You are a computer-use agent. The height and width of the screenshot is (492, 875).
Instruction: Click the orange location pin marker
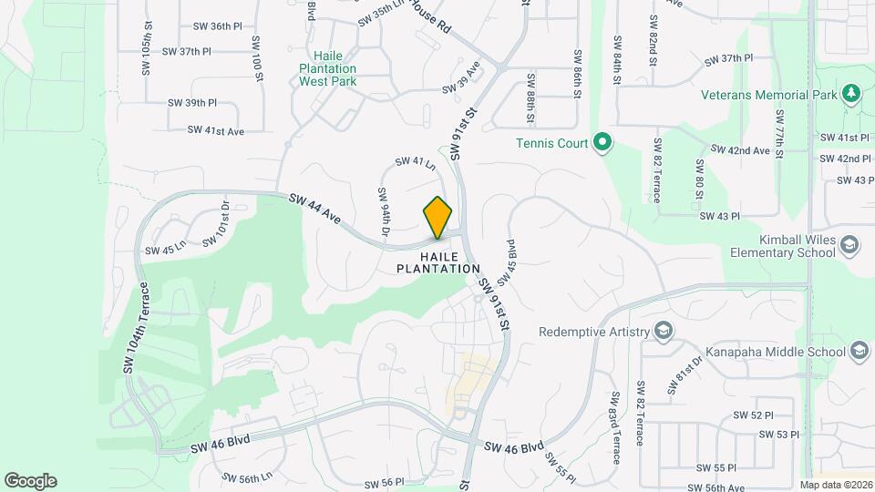pyautogui.click(x=438, y=217)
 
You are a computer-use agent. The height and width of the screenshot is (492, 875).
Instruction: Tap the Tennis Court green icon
pyautogui.click(x=602, y=142)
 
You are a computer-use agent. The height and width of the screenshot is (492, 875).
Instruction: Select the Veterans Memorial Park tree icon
pyautogui.click(x=852, y=94)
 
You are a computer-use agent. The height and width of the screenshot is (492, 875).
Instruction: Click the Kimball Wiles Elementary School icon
pyautogui.click(x=849, y=245)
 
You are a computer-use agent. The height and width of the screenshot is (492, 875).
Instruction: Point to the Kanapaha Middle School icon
pyautogui.click(x=859, y=351)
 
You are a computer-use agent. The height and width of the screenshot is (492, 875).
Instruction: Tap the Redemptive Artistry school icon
pyautogui.click(x=664, y=331)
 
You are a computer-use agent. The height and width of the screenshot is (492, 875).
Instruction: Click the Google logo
pyautogui.click(x=30, y=481)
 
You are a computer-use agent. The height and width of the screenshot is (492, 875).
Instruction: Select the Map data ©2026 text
pyautogui.click(x=835, y=485)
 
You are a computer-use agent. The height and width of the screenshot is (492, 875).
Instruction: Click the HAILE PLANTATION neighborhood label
pyautogui.click(x=437, y=263)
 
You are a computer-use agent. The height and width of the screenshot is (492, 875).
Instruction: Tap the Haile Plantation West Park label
pyautogui.click(x=327, y=68)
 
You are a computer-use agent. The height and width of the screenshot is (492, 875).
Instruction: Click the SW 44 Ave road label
pyautogui.click(x=314, y=210)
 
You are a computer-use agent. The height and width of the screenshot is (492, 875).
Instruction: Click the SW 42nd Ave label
pyautogui.click(x=739, y=150)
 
